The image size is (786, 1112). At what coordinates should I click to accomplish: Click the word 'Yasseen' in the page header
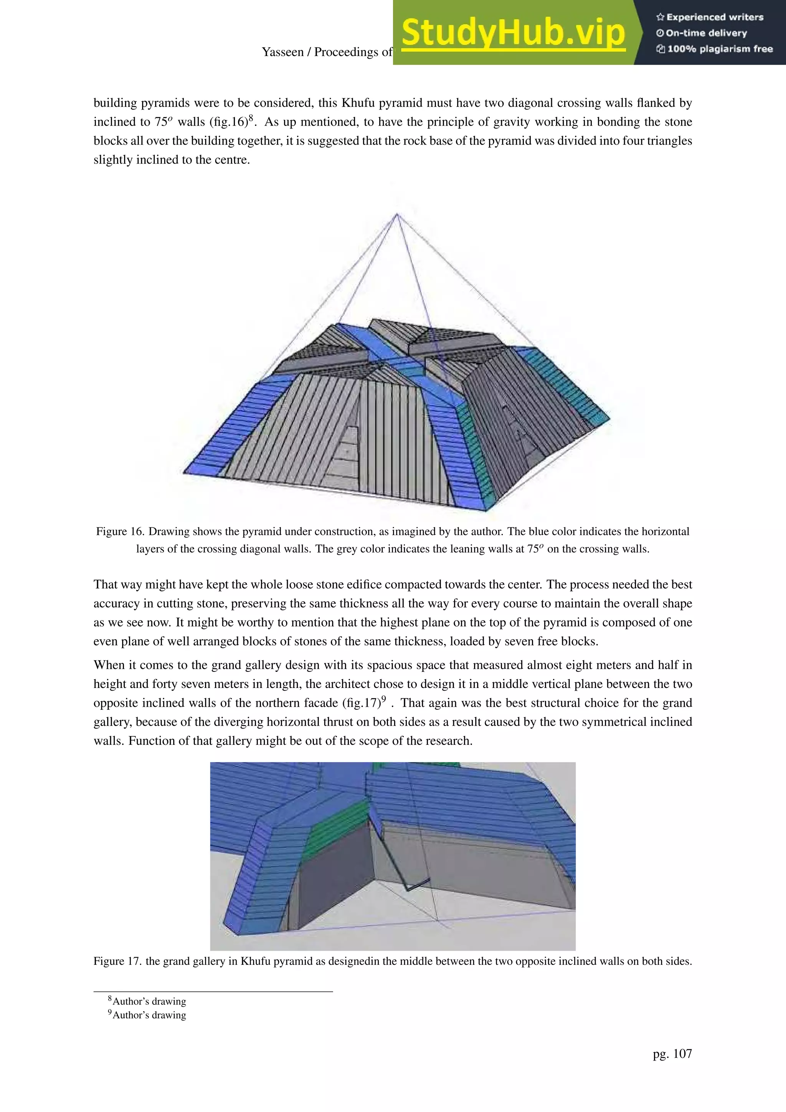(x=282, y=52)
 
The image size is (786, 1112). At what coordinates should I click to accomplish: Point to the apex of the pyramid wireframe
(x=397, y=214)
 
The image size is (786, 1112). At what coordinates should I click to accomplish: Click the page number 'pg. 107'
(x=672, y=1053)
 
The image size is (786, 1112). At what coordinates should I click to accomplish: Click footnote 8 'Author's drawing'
(x=149, y=1001)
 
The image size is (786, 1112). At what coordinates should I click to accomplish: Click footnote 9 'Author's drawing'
(x=149, y=1015)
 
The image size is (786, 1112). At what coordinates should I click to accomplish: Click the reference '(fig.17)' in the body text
(x=361, y=703)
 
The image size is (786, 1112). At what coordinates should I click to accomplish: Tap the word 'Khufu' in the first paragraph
(x=359, y=103)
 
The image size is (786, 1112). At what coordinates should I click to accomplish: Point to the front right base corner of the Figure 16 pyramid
(x=486, y=510)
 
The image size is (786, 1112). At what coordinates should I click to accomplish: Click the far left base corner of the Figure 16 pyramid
(x=184, y=472)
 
